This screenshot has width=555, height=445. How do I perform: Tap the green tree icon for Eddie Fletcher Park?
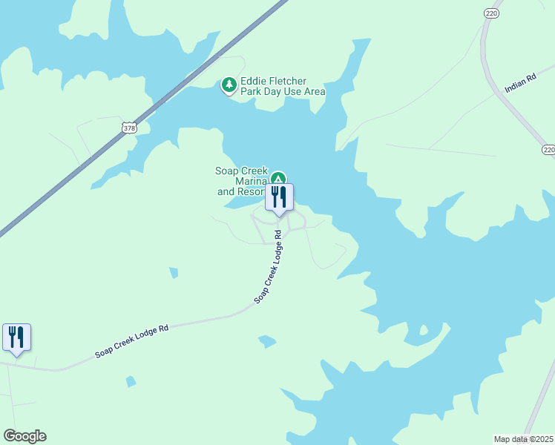[x=229, y=86]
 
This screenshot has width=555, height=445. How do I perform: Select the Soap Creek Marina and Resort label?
[x=242, y=181]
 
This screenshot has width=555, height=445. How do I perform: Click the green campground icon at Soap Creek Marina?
[x=277, y=178]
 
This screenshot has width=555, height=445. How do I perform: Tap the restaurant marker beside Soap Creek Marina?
[x=279, y=198]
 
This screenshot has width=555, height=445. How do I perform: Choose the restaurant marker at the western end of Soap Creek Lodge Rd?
[x=16, y=338]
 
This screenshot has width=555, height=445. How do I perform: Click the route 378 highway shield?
[x=129, y=128]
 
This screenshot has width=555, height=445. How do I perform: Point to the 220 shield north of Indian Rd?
[x=491, y=13]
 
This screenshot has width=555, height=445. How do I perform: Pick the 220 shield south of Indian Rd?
[x=548, y=150]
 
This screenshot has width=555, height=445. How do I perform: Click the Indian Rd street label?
[x=520, y=83]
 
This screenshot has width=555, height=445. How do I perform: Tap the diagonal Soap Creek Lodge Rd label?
[x=269, y=267]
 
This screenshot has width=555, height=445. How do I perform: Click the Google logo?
[x=24, y=436]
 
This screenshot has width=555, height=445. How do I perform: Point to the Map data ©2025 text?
[x=523, y=438]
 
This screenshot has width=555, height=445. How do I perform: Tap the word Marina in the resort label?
[x=251, y=181]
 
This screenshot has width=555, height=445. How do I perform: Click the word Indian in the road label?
[x=515, y=86]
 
